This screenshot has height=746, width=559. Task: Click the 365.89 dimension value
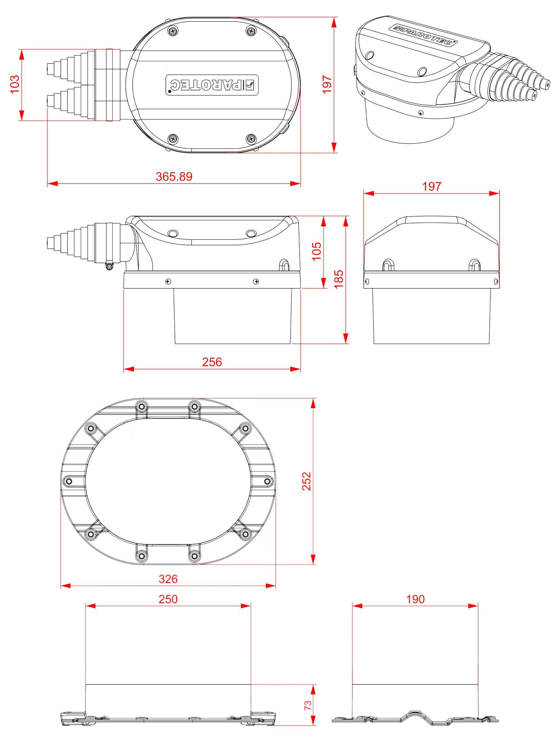(x=174, y=177)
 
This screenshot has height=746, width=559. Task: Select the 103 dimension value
(x=15, y=84)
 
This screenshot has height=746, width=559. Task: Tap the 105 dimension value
(x=316, y=251)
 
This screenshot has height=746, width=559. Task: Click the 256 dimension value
(x=212, y=362)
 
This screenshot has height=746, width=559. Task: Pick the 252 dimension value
(x=307, y=481)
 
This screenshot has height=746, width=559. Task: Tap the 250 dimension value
(x=168, y=599)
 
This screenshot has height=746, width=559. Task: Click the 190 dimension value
(x=415, y=599)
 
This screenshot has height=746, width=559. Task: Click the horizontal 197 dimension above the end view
(x=432, y=186)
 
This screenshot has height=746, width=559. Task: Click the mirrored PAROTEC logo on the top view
(x=212, y=85)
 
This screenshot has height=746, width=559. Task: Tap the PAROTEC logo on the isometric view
(x=423, y=34)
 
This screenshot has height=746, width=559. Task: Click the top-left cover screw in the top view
(x=173, y=31)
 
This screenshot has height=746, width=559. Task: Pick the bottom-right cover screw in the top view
(x=251, y=138)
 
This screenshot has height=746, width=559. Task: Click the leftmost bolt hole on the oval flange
(x=69, y=481)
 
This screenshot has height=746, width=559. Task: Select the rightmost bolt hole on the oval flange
(x=267, y=481)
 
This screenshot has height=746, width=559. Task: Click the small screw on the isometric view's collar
(x=420, y=113)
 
